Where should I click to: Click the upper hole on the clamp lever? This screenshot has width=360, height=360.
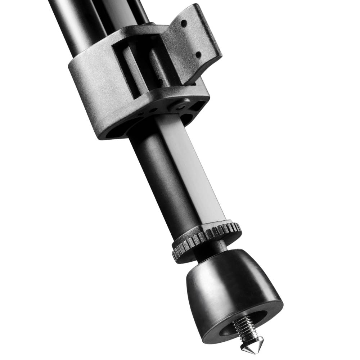184,23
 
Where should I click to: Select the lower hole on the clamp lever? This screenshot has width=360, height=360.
198,54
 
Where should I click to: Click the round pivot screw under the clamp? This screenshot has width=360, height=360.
179,107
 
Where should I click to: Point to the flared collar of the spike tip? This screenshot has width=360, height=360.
248,341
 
